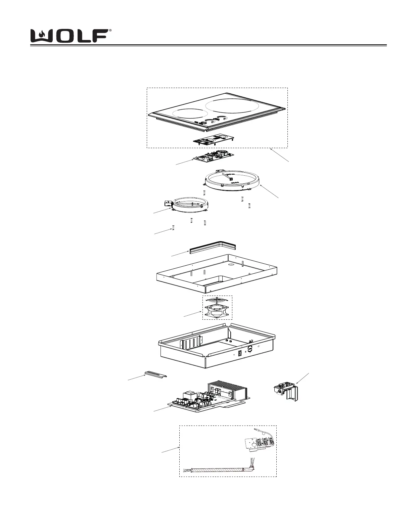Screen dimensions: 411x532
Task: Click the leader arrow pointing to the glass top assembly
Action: tap(280, 155)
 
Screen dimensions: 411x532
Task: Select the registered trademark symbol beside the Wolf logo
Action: tap(110, 30)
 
